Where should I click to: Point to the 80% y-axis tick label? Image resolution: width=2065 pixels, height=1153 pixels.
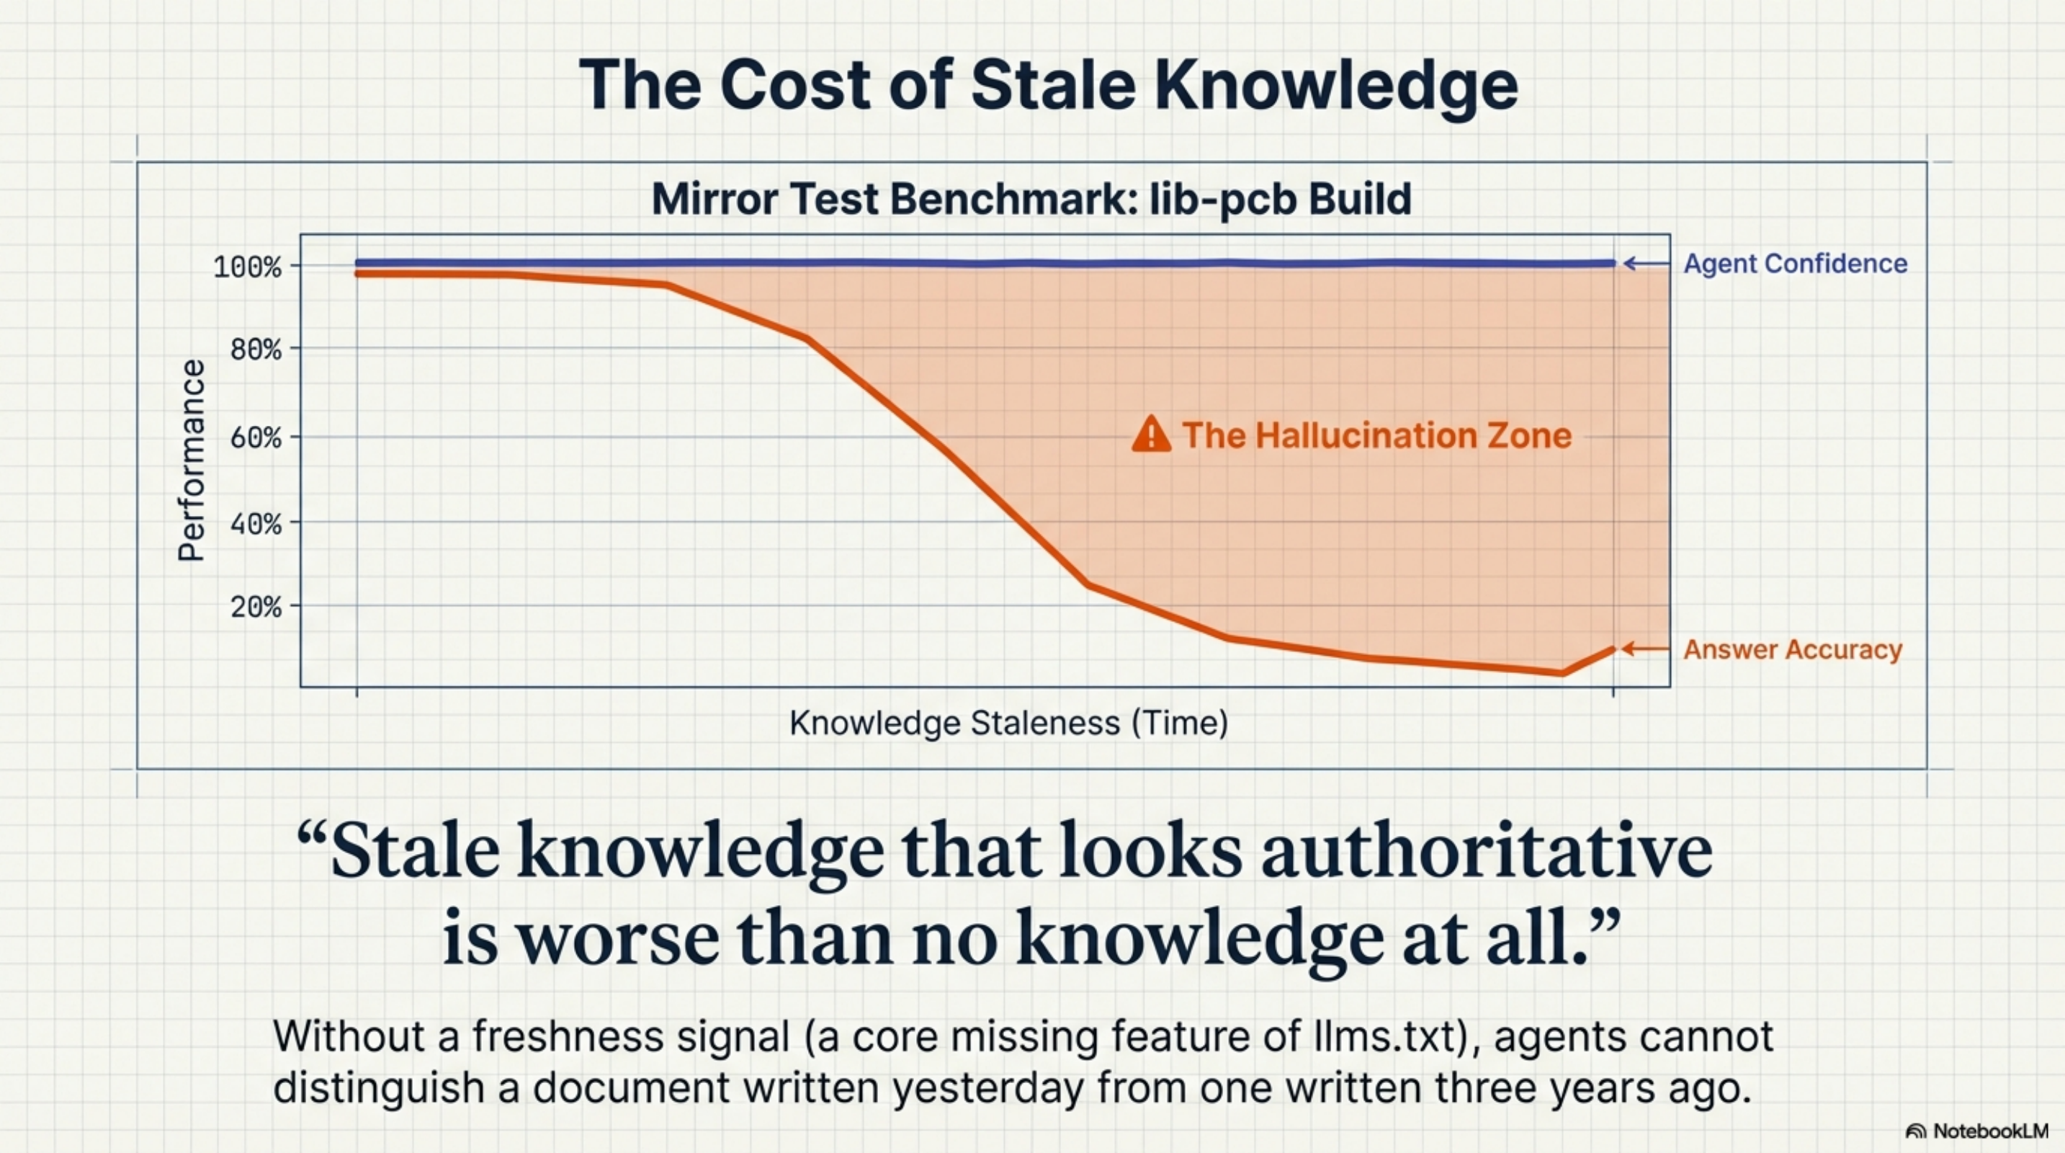256,350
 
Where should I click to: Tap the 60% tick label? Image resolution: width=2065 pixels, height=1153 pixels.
256,438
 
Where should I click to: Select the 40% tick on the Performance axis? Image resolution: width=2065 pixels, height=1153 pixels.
256,525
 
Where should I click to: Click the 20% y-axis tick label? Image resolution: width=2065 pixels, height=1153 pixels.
256,607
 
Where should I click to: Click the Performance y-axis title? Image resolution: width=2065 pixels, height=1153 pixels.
192,460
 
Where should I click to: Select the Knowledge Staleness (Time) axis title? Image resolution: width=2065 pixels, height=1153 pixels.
1008,724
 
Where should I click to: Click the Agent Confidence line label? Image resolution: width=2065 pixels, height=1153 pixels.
1795,264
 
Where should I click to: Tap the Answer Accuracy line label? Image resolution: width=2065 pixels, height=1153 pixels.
1793,649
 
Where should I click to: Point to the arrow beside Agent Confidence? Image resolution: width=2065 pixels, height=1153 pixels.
1646,264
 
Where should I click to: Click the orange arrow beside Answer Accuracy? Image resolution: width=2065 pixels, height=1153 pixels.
1645,649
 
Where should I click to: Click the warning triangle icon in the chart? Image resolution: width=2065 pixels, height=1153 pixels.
1151,435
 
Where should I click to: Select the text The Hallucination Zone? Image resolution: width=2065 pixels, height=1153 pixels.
1376,435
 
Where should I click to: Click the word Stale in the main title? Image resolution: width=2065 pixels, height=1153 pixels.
1052,85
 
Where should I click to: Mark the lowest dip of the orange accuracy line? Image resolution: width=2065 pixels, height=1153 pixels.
1562,673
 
